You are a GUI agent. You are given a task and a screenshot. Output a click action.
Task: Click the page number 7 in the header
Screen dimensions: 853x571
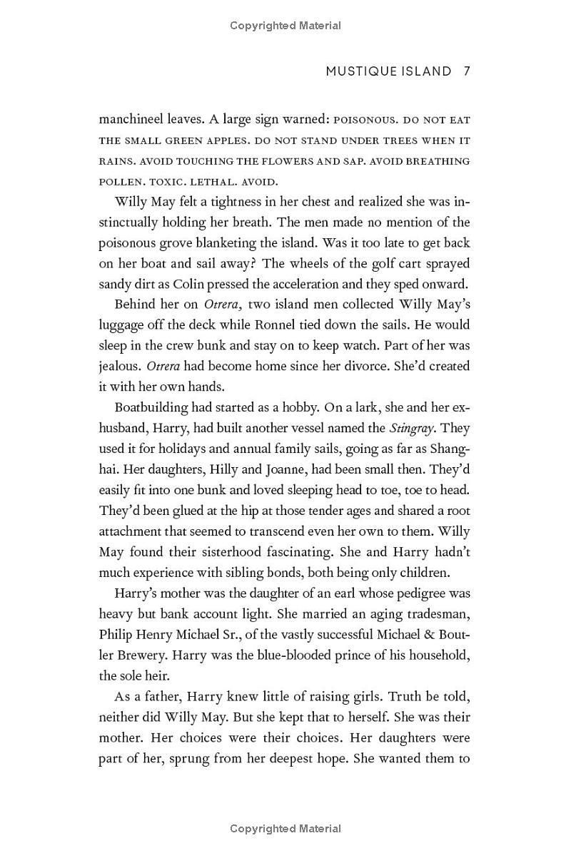[x=466, y=71]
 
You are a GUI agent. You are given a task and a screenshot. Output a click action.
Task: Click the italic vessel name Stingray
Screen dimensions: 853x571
[x=416, y=429]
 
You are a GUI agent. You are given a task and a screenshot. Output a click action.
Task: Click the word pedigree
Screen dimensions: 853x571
[x=396, y=593]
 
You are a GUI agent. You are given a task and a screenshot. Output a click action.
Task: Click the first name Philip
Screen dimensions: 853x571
[x=116, y=635]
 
